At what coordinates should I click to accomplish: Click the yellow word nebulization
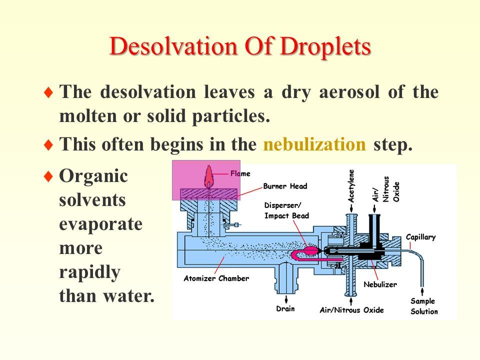click(x=314, y=144)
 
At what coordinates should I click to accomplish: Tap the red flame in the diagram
click(x=209, y=176)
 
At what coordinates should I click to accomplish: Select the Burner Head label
click(x=285, y=186)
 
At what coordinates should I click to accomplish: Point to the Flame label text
click(x=240, y=173)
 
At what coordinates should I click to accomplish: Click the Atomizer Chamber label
click(x=216, y=278)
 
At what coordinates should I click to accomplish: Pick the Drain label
click(x=285, y=308)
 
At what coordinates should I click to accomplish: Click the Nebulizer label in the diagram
click(x=380, y=284)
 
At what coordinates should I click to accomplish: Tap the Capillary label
click(x=420, y=237)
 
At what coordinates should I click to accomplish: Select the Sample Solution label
click(x=424, y=306)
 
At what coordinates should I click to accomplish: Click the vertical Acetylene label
click(x=351, y=186)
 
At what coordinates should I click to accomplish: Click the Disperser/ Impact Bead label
click(x=286, y=210)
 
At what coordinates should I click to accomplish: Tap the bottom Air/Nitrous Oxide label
click(x=351, y=310)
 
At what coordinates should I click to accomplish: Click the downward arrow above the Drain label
click(x=286, y=299)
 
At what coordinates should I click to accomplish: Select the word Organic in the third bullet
click(x=93, y=177)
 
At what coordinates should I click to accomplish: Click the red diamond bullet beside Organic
click(x=48, y=176)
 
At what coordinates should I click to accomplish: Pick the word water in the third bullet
click(x=128, y=296)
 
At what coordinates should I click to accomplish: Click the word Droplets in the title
click(x=325, y=47)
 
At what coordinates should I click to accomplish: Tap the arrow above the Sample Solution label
click(x=422, y=291)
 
